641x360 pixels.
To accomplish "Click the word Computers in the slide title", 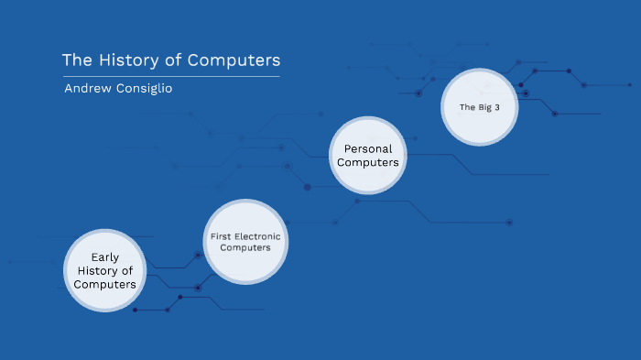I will [x=234, y=60].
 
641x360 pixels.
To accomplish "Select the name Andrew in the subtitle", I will [x=88, y=88].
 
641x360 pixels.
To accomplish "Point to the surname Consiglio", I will [x=145, y=88].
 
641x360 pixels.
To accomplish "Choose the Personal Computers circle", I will [x=367, y=155].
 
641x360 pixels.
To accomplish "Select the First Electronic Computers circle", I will [x=245, y=242].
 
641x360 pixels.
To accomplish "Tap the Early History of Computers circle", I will [x=105, y=269].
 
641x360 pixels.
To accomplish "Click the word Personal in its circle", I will [x=368, y=148].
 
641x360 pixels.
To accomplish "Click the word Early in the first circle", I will [x=105, y=257].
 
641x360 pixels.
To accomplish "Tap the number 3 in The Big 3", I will [x=497, y=107].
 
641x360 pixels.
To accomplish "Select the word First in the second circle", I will [x=222, y=236].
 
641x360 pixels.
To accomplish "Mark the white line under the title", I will [x=170, y=77].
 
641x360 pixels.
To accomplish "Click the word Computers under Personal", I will [x=368, y=162].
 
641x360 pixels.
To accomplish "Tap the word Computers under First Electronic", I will [x=245, y=248].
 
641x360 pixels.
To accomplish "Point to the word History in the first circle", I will [x=97, y=271].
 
